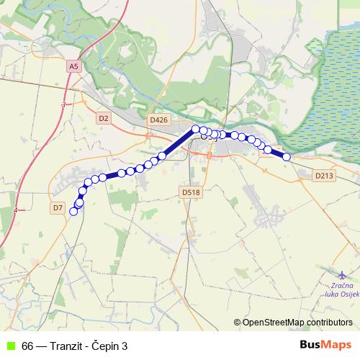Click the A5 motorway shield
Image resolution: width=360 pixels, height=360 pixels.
point(73,66)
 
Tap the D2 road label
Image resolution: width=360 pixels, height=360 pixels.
point(103,117)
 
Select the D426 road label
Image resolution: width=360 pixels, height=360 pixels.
point(158,120)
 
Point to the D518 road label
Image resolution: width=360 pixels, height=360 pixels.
point(190,192)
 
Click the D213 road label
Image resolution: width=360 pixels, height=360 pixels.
point(325,175)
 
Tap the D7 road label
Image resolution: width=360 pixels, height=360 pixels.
point(59,207)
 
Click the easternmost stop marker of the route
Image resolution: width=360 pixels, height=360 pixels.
point(287,157)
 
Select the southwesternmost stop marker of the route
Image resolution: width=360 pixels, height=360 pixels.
point(73,211)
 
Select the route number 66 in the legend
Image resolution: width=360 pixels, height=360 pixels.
point(27,346)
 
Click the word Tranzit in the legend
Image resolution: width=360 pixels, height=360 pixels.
point(70,346)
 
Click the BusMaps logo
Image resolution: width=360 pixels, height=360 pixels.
point(325,345)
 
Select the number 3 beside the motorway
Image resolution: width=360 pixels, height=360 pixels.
point(63,105)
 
